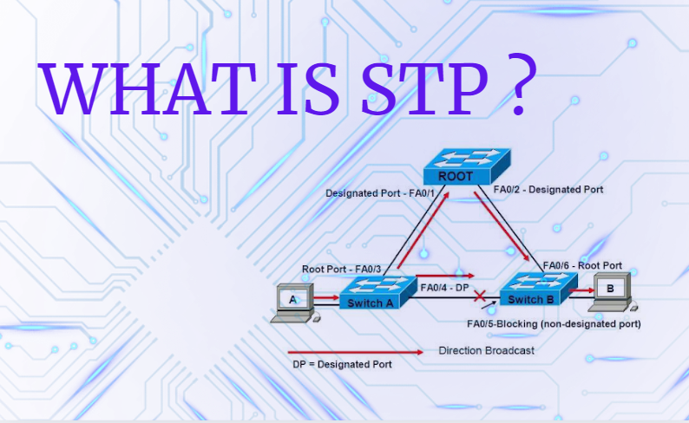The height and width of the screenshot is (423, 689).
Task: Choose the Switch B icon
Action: pos(530,290)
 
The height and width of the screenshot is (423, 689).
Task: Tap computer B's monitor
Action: pos(609,288)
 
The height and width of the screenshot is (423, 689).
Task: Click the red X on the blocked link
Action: pos(479,297)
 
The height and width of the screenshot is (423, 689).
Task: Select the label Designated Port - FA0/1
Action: pos(376,192)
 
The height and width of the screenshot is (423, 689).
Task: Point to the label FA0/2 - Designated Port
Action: pos(548,188)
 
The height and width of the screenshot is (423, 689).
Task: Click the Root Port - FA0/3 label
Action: pos(341,269)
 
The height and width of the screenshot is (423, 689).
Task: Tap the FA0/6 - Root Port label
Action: pos(582,265)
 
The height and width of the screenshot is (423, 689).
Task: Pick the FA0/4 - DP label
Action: pos(444,286)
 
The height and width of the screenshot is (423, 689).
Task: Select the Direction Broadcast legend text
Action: pos(486,351)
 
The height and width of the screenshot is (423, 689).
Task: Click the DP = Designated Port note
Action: pos(342,365)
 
